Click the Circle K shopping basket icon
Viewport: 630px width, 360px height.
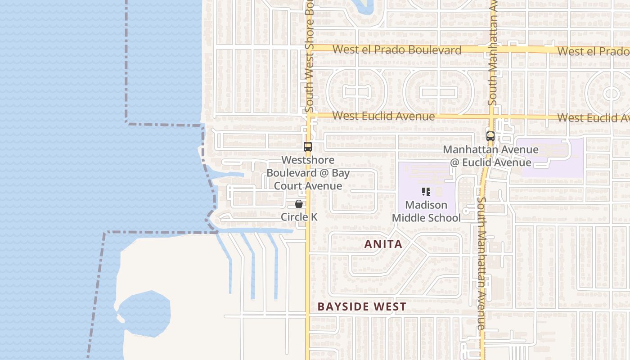298,204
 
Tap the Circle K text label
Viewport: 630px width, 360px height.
299,217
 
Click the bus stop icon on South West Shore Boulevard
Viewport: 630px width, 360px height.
308,146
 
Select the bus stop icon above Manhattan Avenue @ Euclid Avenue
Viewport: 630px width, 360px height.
490,136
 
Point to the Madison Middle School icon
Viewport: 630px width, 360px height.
426,192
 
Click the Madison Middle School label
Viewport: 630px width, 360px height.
426,211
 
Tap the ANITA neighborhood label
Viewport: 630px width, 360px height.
383,244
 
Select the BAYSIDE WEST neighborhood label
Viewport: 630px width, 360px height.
362,307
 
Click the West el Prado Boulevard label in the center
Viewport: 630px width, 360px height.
397,50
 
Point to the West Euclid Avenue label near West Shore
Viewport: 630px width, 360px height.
383,116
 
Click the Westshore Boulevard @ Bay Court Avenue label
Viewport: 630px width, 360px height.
308,173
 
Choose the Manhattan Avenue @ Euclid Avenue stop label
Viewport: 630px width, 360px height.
490,156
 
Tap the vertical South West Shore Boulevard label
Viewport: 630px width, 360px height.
309,58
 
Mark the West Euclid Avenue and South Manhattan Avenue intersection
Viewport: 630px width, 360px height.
491,116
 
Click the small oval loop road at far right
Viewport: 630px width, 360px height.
611,94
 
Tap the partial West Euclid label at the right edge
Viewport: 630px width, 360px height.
593,117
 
